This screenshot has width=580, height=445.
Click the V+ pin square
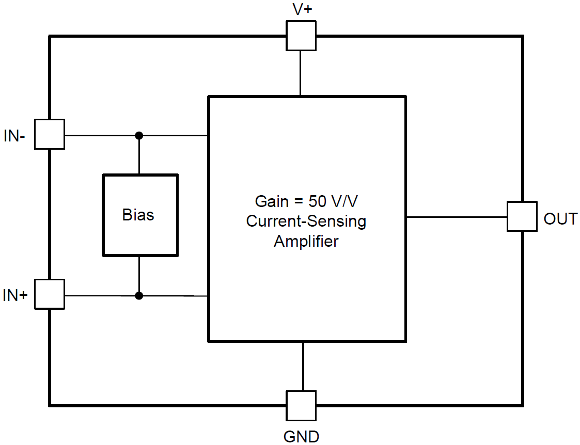tap(301, 36)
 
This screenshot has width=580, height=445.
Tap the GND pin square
tap(301, 405)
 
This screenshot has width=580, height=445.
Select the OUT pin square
tap(522, 216)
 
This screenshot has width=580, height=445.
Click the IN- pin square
tap(50, 134)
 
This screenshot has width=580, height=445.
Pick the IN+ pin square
tap(50, 294)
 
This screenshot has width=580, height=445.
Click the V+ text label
tap(302, 10)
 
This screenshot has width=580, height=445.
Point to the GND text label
tap(302, 436)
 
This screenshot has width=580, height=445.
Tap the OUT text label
tap(560, 219)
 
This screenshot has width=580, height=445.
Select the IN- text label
tap(14, 136)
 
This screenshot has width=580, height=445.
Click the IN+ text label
tap(15, 296)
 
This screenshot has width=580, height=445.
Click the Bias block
tap(140, 215)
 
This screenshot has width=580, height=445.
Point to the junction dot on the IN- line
tap(139, 135)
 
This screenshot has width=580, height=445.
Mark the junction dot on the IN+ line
tap(139, 295)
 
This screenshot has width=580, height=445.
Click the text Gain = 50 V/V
tap(306, 201)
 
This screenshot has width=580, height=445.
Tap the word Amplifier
tap(306, 241)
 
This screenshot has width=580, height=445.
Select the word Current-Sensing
tap(306, 221)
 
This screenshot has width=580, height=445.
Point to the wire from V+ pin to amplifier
tap(301, 73)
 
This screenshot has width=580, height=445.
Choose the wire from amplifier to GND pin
tap(303, 366)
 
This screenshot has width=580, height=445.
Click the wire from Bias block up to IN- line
tap(139, 155)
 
